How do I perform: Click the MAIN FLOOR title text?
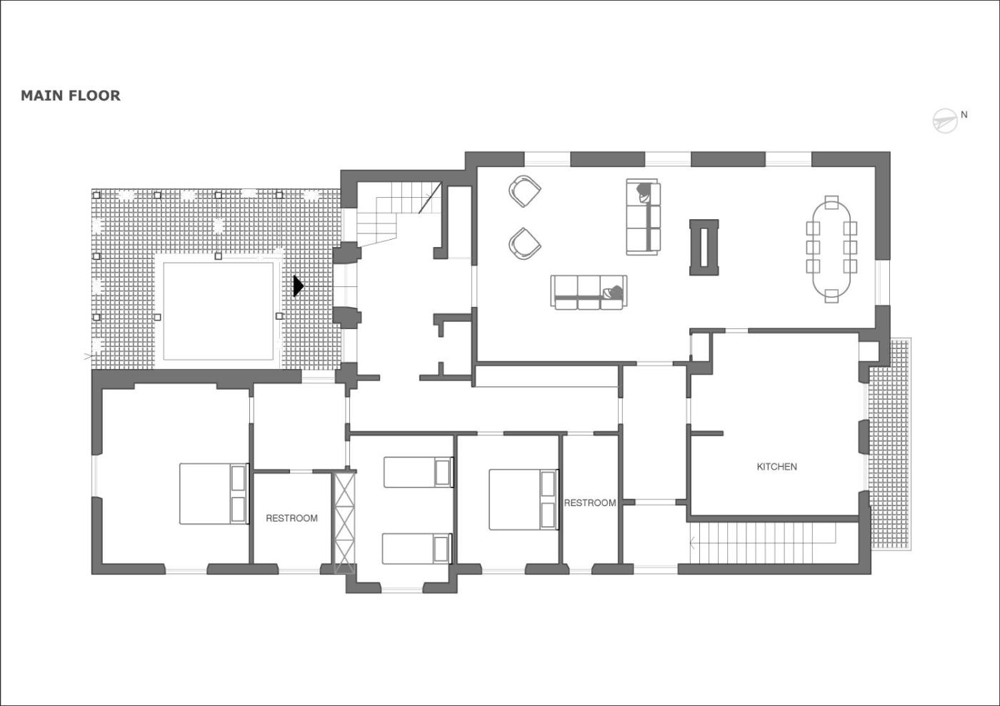tap(71, 96)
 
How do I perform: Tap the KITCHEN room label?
tap(777, 467)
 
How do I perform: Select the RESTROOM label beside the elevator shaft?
tap(291, 518)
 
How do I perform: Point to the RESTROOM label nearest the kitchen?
tap(590, 503)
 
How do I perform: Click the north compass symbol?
tap(945, 121)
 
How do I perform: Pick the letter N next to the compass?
tap(964, 115)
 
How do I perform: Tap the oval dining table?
tap(831, 249)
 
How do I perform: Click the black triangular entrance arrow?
tap(299, 286)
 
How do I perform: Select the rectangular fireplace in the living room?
tap(704, 247)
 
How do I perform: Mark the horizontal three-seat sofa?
tap(589, 292)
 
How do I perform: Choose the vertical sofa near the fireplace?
tap(644, 217)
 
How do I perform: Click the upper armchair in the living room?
tap(524, 191)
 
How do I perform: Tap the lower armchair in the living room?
tap(524, 243)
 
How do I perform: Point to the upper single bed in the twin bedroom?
tap(419, 472)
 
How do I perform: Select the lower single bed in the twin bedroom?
tap(417, 548)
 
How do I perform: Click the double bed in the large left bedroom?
tap(214, 493)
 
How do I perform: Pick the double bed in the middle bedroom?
tap(524, 500)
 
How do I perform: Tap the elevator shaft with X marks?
tap(344, 522)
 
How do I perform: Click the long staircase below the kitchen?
tap(763, 543)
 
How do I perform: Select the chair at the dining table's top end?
tap(831, 202)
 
